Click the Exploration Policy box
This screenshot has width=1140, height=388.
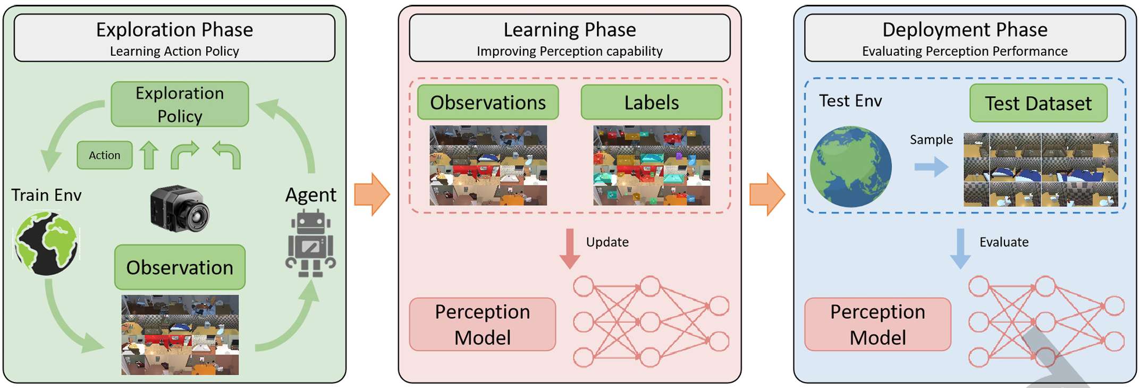click(x=180, y=104)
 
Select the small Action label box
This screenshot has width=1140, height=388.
click(x=104, y=155)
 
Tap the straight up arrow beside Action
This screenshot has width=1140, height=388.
click(x=149, y=155)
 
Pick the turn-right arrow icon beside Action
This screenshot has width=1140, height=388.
click(x=184, y=155)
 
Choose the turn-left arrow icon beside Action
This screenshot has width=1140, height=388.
click(x=227, y=155)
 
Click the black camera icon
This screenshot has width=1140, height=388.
click(x=180, y=209)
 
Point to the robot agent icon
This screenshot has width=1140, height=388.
click(x=311, y=243)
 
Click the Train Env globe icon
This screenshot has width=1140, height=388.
click(x=47, y=243)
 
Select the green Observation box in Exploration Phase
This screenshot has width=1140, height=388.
click(x=180, y=267)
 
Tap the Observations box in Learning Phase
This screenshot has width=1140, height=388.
click(x=488, y=102)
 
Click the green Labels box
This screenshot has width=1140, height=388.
click(x=652, y=102)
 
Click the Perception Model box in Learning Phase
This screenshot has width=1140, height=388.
click(x=483, y=324)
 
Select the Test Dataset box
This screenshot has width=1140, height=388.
click(x=1038, y=103)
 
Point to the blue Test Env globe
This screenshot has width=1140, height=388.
click(x=850, y=166)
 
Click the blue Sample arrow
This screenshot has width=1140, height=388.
click(x=931, y=167)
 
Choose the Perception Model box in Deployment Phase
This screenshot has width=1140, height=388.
click(x=877, y=324)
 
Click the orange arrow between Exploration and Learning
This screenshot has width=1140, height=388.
click(x=372, y=194)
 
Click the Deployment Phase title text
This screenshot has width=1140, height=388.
click(x=965, y=30)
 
